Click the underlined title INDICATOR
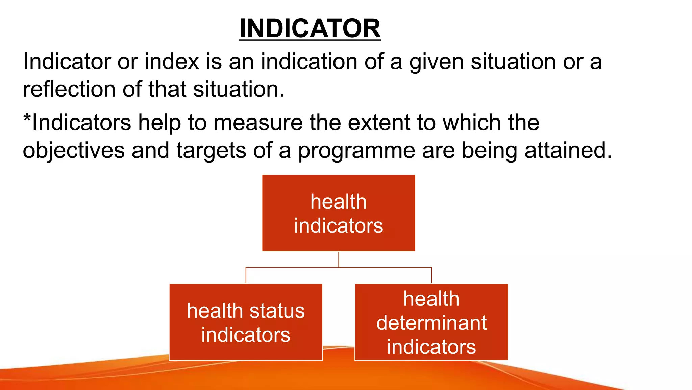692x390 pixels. (310, 28)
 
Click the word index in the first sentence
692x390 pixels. (172, 62)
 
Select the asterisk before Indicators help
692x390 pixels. (27, 119)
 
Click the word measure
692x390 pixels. (258, 123)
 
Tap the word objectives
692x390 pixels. (74, 151)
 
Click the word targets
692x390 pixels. (211, 151)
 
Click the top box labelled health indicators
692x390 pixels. (339, 213)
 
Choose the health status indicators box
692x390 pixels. (246, 322)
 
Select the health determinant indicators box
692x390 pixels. (431, 322)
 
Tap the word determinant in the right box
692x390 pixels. (431, 323)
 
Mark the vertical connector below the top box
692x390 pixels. (339, 259)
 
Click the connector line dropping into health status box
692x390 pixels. (246, 276)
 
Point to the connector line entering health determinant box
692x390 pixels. (431, 276)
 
